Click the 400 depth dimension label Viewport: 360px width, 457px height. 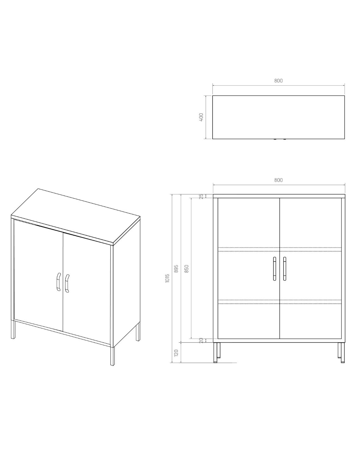pos(201,117)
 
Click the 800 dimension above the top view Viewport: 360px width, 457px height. pos(278,81)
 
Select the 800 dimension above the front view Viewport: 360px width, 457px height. pos(278,180)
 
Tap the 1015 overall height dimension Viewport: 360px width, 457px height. pos(167,278)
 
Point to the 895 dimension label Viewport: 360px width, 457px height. pos(176,269)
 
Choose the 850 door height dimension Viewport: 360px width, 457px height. pos(187,269)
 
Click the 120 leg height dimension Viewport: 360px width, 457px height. pos(176,353)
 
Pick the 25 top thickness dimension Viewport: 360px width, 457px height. pos(201,196)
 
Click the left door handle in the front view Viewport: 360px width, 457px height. pos(274,269)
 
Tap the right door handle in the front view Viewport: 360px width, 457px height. pos(285,269)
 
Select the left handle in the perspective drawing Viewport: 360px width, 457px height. pos(59,282)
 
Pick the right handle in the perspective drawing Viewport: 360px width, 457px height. pos(67,284)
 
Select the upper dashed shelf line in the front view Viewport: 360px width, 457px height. pos(280,250)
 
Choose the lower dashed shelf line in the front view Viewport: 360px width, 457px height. pos(280,302)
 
